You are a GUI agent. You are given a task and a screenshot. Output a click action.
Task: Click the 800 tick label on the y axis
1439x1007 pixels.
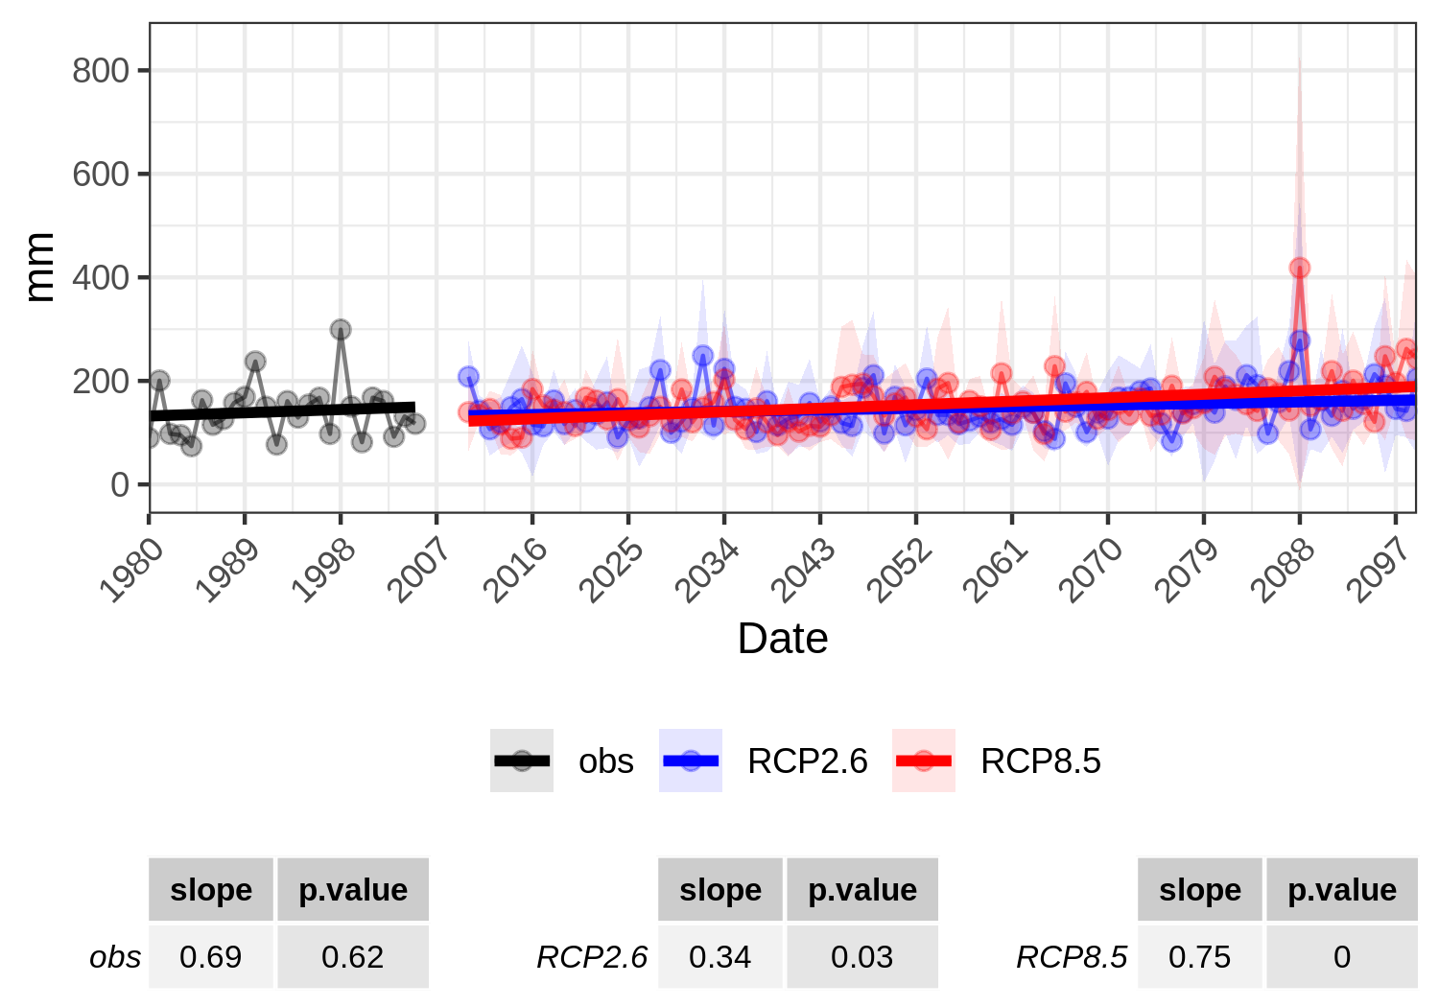pyautogui.click(x=101, y=71)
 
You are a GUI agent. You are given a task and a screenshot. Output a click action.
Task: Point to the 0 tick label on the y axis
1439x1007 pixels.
pyautogui.click(x=119, y=484)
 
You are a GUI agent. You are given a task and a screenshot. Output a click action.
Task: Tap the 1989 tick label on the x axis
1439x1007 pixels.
pyautogui.click(x=227, y=571)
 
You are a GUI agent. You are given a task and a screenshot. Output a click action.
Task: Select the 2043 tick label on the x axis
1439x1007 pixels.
pyautogui.click(x=803, y=571)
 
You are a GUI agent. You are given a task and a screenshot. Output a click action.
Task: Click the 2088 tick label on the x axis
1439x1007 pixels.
pyautogui.click(x=1283, y=571)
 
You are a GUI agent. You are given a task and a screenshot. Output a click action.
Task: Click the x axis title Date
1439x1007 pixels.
pyautogui.click(x=782, y=639)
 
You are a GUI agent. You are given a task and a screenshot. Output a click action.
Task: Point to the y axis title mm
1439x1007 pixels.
pyautogui.click(x=39, y=268)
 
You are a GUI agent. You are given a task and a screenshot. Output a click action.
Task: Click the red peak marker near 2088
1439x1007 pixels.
pyautogui.click(x=1299, y=269)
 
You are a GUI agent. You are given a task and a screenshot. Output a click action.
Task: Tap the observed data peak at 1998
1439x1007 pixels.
pyautogui.click(x=341, y=329)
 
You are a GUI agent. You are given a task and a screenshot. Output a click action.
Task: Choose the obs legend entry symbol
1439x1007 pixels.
pyautogui.click(x=522, y=761)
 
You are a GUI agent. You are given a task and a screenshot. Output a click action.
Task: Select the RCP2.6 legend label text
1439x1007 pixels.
pyautogui.click(x=807, y=761)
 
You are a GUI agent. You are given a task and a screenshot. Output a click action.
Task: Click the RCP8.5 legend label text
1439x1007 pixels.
pyautogui.click(x=1040, y=761)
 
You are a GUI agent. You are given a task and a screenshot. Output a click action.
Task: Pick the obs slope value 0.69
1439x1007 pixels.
pyautogui.click(x=211, y=956)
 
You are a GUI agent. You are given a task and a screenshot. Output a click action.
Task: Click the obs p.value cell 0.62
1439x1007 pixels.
pyautogui.click(x=352, y=956)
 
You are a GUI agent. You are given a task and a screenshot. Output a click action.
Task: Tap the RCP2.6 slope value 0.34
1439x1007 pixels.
pyautogui.click(x=719, y=956)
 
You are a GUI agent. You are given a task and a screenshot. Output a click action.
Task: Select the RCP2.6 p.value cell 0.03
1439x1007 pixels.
pyautogui.click(x=861, y=956)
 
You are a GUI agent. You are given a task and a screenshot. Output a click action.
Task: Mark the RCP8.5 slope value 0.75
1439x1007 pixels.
pyautogui.click(x=1199, y=956)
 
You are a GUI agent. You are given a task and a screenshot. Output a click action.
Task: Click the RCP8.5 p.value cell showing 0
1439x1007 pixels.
pyautogui.click(x=1341, y=956)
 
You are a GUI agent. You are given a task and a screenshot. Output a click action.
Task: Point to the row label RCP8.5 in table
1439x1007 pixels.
pyautogui.click(x=1072, y=956)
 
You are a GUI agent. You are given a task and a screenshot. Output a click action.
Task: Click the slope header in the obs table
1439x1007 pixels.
pyautogui.click(x=211, y=890)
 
